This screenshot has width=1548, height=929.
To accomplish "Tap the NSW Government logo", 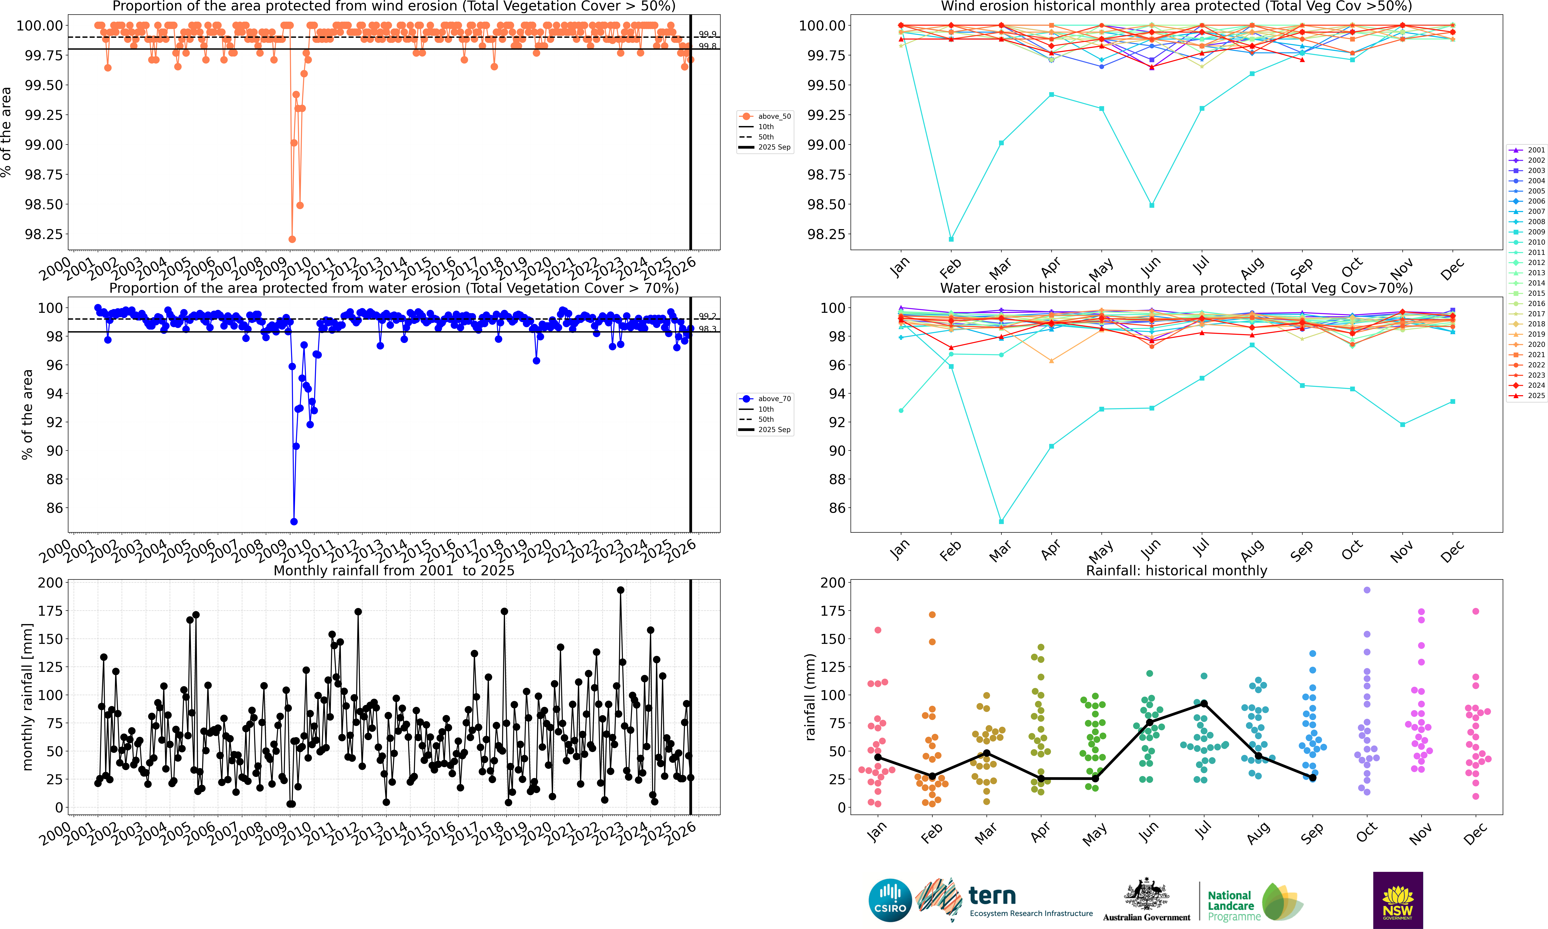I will tap(1398, 900).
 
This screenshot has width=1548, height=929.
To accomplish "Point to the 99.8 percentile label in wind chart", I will tap(707, 46).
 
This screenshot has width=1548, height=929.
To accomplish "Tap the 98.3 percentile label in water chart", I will tap(707, 329).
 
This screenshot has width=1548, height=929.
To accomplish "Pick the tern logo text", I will tap(992, 896).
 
